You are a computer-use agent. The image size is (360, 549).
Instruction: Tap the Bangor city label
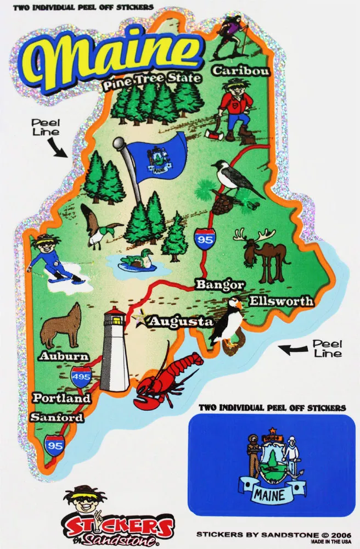(220, 285)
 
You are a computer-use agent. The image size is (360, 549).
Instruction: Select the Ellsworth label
(282, 301)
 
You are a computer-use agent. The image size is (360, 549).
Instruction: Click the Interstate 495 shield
(81, 378)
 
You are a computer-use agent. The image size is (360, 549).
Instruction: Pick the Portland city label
(61, 398)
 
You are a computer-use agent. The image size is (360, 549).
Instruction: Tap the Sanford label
(57, 417)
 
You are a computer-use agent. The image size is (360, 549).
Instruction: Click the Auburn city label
(64, 356)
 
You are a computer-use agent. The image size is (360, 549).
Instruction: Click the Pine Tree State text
(151, 79)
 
